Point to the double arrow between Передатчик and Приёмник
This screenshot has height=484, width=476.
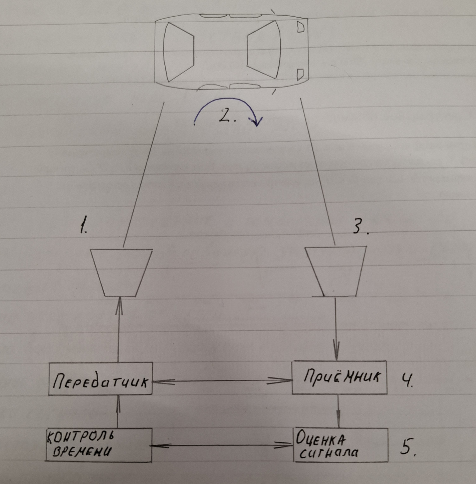tap(222, 381)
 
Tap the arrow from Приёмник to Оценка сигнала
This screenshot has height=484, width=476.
tap(338, 411)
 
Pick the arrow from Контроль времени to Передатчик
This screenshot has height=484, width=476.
tap(118, 412)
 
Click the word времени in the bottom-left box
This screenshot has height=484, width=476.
tap(81, 451)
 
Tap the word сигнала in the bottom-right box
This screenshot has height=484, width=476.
tap(328, 452)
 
